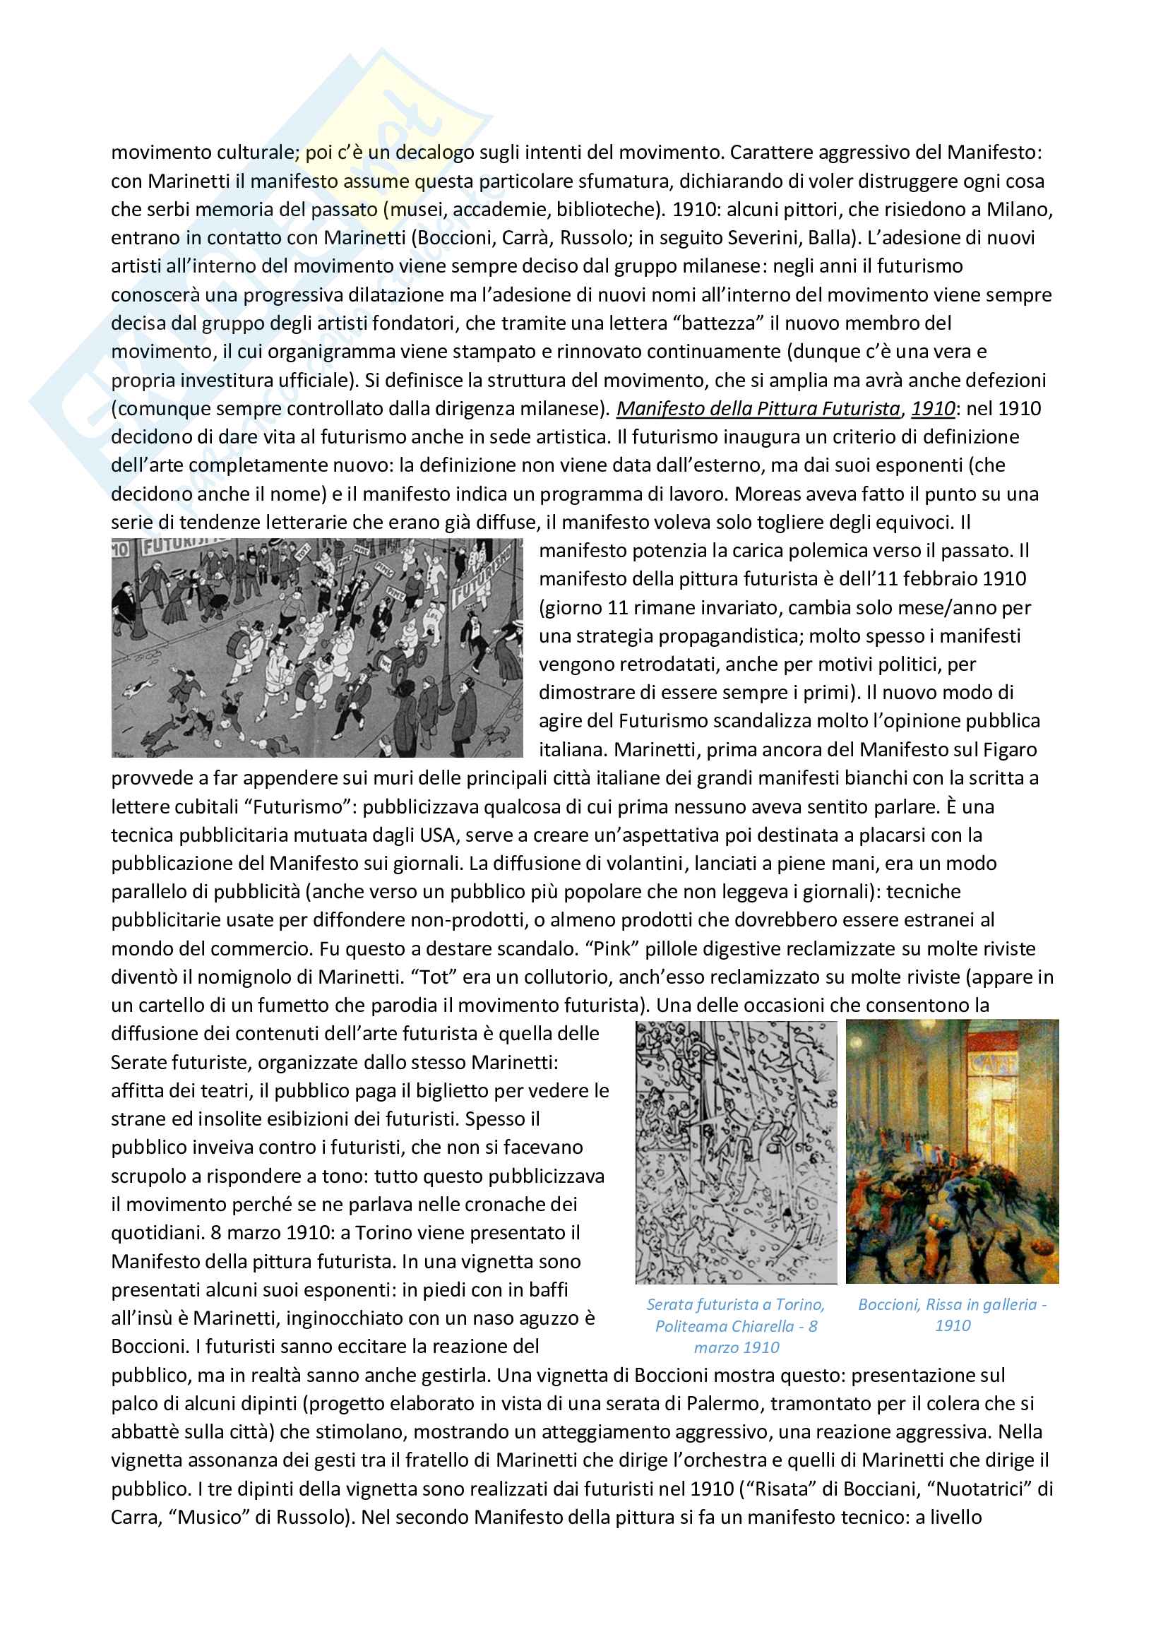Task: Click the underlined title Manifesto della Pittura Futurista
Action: point(758,409)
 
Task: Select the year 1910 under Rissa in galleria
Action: point(952,1326)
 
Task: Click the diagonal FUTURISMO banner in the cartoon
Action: point(481,576)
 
